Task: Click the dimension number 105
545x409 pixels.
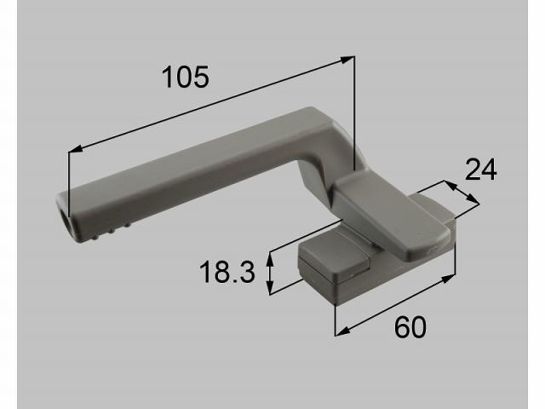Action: pyautogui.click(x=185, y=78)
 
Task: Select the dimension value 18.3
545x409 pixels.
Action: pyautogui.click(x=227, y=274)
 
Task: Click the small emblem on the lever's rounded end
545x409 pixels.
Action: pyautogui.click(x=432, y=248)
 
